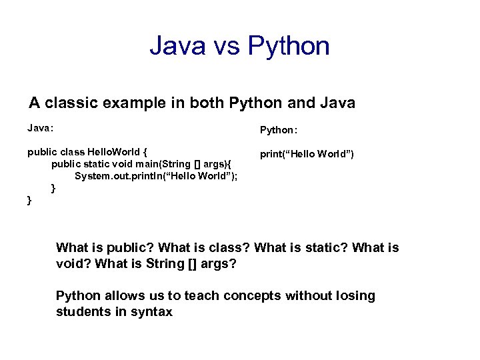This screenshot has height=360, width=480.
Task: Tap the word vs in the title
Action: pyautogui.click(x=225, y=46)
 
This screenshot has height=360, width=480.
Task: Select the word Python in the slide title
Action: pyautogui.click(x=289, y=46)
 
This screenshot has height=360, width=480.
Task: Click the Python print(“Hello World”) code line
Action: pyautogui.click(x=307, y=154)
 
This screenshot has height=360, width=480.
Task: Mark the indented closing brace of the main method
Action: pyautogui.click(x=54, y=188)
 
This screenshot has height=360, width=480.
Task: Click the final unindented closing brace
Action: pyautogui.click(x=29, y=199)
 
